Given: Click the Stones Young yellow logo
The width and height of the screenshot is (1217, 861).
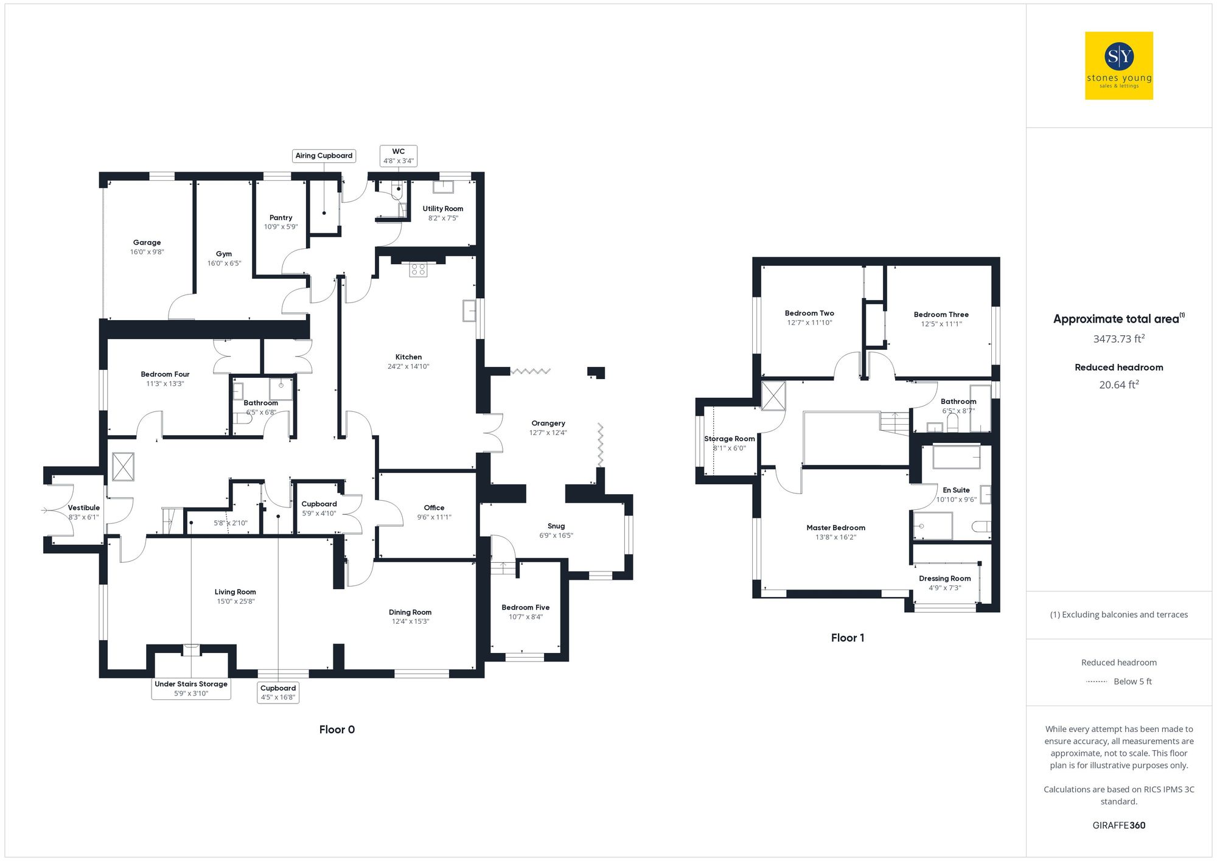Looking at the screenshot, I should click(x=1118, y=66).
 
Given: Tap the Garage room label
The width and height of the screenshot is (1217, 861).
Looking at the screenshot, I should click(x=147, y=242).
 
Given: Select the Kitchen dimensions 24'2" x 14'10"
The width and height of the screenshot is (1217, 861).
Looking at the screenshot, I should click(x=408, y=366).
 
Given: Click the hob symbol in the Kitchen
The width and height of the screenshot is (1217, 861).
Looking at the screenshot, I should click(x=418, y=269).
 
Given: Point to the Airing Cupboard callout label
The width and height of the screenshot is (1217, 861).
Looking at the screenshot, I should click(x=324, y=156).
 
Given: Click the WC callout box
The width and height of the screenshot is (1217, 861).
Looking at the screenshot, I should click(x=399, y=156).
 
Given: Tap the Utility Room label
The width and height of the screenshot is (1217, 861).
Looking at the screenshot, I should click(x=443, y=209).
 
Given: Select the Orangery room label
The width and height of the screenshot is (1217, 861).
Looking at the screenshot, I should click(x=548, y=424).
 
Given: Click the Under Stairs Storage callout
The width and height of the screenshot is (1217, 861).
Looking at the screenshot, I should click(x=191, y=688).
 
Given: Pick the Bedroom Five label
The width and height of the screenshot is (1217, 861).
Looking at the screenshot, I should click(x=526, y=607).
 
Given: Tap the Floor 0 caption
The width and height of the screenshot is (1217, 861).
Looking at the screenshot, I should click(x=337, y=730).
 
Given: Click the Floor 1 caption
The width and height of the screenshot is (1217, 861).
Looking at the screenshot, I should click(x=848, y=638).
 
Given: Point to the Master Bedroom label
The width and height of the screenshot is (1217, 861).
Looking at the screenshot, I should click(x=835, y=528).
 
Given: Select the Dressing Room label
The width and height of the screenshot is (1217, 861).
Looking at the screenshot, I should click(x=944, y=579).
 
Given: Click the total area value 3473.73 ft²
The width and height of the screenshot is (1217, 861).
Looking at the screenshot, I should click(x=1118, y=339).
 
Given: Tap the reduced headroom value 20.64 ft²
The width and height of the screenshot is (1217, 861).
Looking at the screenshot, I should click(x=1118, y=385).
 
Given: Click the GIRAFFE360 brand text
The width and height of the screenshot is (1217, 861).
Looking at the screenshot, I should click(x=1118, y=826).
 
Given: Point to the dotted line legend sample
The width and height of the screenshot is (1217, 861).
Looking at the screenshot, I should click(x=1097, y=681).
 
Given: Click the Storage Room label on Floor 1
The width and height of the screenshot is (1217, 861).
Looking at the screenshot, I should click(x=730, y=439).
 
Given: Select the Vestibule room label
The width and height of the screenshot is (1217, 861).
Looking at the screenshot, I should click(x=84, y=507).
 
